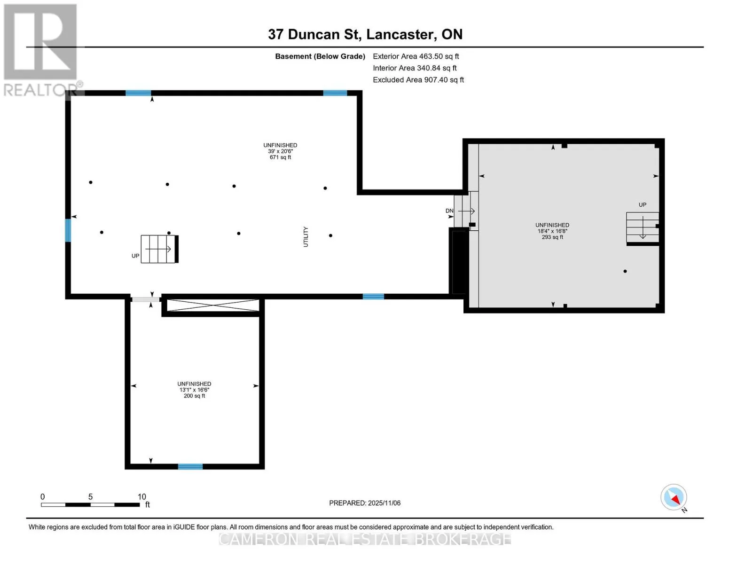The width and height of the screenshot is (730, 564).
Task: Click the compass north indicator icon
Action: tap(673, 497)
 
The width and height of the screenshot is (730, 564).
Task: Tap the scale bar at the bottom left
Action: tap(90, 504)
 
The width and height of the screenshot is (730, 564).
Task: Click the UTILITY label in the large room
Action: tap(306, 237)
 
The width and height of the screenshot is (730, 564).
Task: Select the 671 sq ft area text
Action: tap(280, 157)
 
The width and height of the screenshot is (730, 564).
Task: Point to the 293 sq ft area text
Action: tap(552, 237)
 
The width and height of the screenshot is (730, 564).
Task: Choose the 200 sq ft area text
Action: tap(194, 396)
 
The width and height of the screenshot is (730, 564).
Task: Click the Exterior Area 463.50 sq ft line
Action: tap(416, 56)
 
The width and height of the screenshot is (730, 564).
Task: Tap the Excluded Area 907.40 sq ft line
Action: tap(418, 80)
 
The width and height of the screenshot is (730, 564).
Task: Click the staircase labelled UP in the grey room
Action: tap(642, 227)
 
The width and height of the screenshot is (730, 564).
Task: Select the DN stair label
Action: tap(449, 211)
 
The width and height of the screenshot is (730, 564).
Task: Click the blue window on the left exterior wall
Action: tap(68, 230)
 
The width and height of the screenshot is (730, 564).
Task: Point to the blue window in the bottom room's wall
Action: tap(190, 467)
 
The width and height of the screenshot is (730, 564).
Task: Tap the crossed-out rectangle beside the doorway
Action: tap(213, 305)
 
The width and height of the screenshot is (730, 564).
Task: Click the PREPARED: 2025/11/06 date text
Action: tap(365, 503)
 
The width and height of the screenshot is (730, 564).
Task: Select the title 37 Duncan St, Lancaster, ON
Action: tap(365, 34)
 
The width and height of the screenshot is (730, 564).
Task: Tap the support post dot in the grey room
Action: tap(625, 271)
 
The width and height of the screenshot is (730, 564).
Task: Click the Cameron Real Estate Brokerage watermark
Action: tap(365, 539)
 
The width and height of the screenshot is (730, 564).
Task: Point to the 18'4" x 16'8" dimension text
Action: tap(552, 231)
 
